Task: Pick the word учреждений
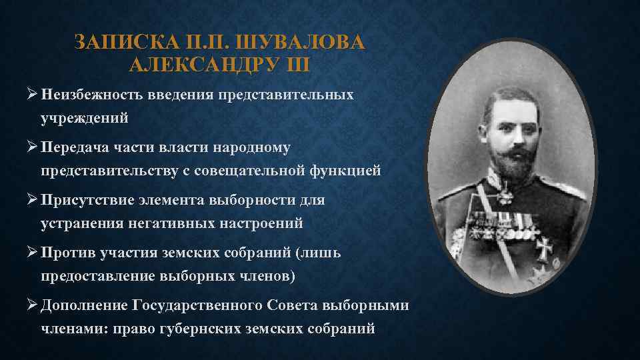coord(83,118)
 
